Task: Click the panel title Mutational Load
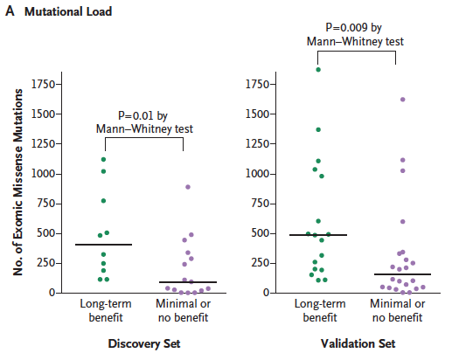pos(68,11)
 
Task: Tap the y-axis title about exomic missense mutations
pos(18,182)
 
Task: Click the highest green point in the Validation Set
pos(318,70)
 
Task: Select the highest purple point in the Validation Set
pos(403,100)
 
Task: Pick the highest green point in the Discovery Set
pos(103,159)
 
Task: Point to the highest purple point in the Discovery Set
pos(188,187)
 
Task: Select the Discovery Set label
pos(144,343)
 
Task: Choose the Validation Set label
pos(358,343)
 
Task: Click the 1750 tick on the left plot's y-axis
pos(43,84)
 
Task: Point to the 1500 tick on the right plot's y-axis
pos(258,114)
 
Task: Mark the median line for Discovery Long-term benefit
pos(103,245)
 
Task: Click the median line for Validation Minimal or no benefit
pos(402,274)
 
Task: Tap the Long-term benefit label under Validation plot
pos(320,310)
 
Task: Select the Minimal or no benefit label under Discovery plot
pos(183,310)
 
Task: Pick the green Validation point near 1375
pos(318,129)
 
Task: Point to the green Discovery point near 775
pos(103,201)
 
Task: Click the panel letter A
pos(10,11)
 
